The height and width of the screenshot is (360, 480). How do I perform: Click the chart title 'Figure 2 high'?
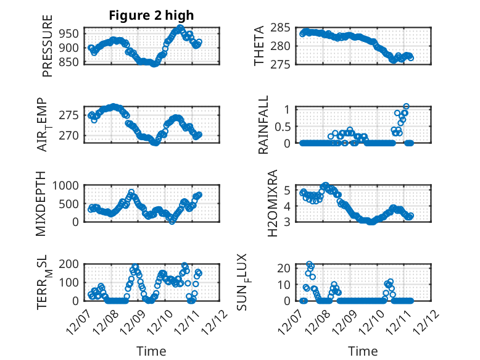tap(151, 15)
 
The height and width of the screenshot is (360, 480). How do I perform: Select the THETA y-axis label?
tap(259, 46)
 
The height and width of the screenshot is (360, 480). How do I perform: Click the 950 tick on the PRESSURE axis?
tap(70, 33)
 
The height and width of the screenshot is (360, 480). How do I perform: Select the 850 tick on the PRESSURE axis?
tap(70, 62)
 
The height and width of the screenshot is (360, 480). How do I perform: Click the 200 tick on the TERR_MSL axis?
tap(70, 264)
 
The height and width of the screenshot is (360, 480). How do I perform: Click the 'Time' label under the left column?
tap(151, 351)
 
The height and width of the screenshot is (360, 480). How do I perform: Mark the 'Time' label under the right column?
tap(363, 351)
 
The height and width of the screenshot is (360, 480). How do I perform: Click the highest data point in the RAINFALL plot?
tap(406, 107)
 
